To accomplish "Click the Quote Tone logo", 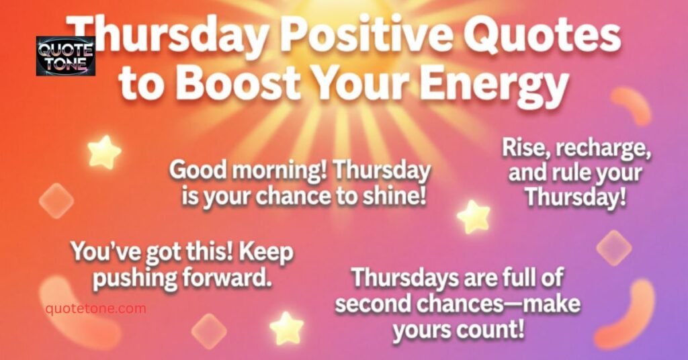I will coord(65,56).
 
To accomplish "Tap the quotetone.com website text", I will coord(95,308).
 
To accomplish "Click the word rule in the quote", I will coord(575,175).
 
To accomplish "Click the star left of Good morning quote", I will coord(104,152).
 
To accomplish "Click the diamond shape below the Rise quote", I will coord(613,248).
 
